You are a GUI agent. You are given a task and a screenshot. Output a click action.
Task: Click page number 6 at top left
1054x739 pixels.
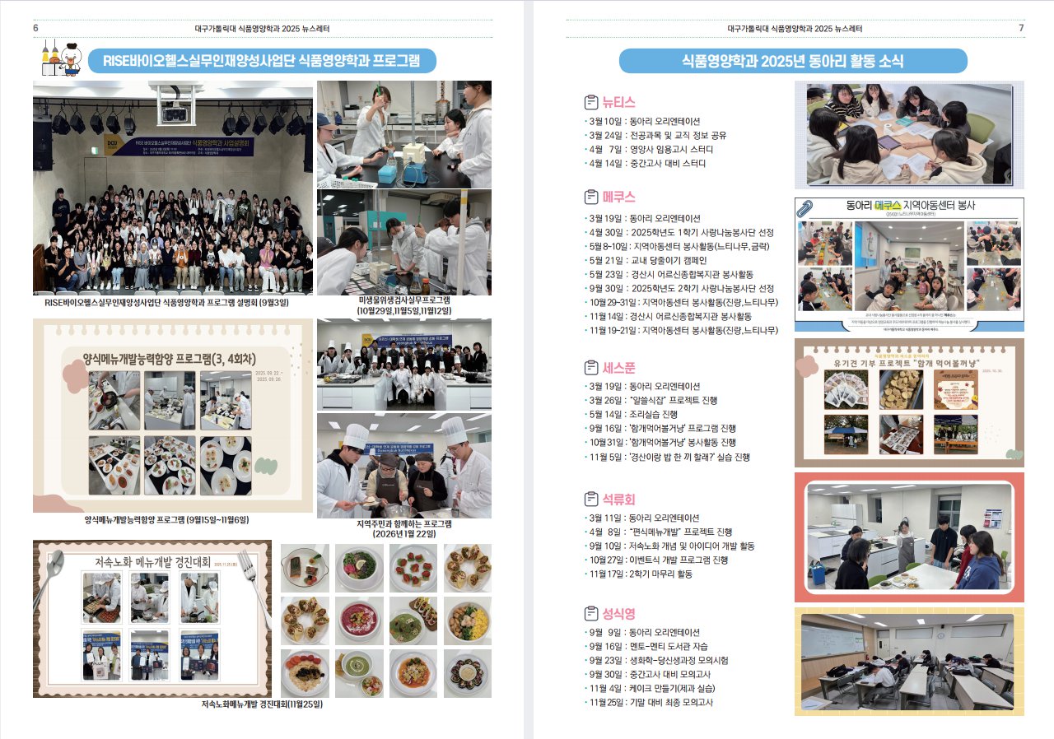(35, 28)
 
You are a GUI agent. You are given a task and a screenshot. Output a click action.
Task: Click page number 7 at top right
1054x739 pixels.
(1021, 28)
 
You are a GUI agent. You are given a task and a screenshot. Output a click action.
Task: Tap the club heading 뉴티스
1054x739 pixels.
(618, 102)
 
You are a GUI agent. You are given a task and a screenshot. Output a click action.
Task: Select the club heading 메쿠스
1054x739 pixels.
(618, 197)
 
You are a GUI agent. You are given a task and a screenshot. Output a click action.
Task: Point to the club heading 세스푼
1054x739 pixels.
(618, 367)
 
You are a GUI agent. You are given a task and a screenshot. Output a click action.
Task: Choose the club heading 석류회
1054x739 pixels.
(618, 499)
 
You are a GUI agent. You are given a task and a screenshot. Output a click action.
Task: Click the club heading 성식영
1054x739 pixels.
(618, 613)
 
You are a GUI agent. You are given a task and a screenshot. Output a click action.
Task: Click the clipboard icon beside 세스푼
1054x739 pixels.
(590, 367)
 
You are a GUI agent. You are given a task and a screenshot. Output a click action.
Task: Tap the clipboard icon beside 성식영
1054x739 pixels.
(590, 613)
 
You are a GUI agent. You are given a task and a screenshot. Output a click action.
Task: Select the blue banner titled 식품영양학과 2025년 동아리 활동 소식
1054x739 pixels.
(792, 61)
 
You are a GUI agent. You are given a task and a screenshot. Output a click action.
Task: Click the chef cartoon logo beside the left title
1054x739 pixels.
(61, 58)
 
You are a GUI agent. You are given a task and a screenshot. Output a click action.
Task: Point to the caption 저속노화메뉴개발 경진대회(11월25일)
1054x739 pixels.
(262, 704)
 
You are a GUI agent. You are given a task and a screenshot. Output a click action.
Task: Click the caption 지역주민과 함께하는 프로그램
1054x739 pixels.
(403, 524)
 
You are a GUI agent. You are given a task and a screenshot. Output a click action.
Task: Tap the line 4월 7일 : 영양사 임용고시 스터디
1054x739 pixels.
(650, 149)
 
